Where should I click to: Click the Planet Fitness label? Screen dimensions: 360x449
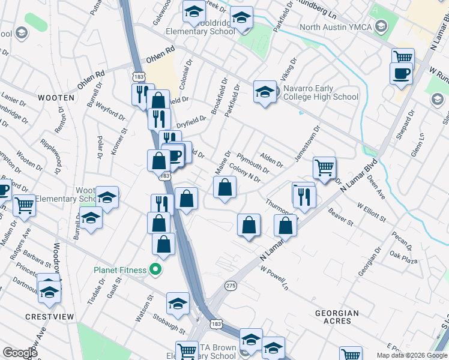pyautogui.click(x=120, y=270)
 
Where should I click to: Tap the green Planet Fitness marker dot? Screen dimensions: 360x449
pyautogui.click(x=155, y=270)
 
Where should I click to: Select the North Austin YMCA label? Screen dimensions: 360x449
pyautogui.click(x=336, y=27)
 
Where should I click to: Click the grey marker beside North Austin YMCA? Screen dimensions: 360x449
pyautogui.click(x=380, y=26)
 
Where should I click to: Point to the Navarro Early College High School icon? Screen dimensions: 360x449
pyautogui.click(x=264, y=92)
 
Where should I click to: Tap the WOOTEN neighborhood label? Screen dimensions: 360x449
pyautogui.click(x=56, y=98)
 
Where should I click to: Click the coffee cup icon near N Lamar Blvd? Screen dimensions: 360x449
pyautogui.click(x=401, y=74)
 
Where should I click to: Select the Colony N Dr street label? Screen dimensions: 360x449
pyautogui.click(x=245, y=175)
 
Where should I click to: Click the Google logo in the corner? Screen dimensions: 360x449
pyautogui.click(x=20, y=353)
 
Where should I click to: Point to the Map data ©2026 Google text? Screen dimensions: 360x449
pyautogui.click(x=412, y=355)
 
